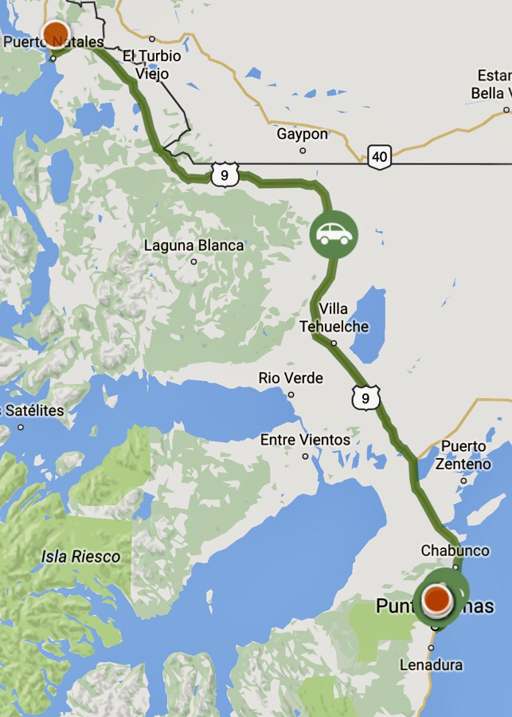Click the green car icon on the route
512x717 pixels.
coord(334,234)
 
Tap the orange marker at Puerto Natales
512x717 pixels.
coord(56,34)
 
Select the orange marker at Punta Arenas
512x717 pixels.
coord(437,598)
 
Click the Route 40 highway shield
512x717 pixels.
coord(380,156)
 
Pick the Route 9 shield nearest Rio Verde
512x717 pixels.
coord(364,397)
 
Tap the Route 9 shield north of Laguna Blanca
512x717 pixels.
coord(225,174)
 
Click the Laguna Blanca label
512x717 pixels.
coord(193,245)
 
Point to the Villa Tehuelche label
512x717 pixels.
coord(334,317)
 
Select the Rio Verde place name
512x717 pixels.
coord(291,378)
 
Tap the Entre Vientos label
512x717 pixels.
coord(305,440)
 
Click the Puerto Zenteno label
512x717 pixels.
coord(463,455)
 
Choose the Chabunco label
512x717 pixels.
coord(455,550)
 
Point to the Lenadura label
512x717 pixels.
coord(431,664)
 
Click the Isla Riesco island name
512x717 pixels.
coord(80,556)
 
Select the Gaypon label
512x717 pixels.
coord(302,134)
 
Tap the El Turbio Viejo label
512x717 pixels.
coord(152,65)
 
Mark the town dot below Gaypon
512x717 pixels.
coord(303,151)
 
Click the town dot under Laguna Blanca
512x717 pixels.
coord(193,261)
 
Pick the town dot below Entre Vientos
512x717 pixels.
coord(306,456)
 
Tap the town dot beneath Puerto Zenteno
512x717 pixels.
coord(463,480)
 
